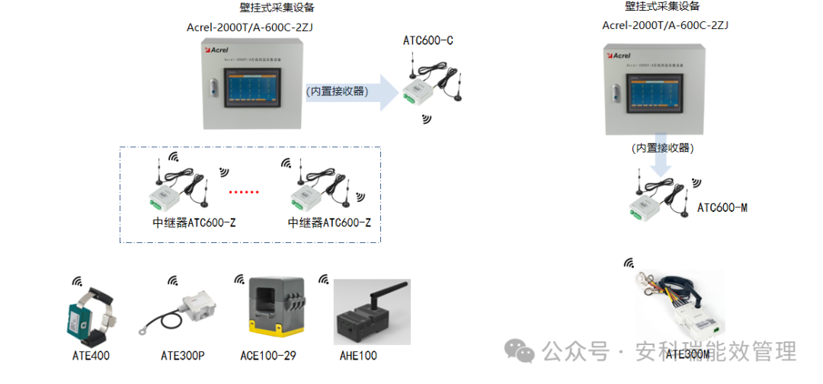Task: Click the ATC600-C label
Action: coord(428,40)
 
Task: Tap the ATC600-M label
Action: coord(722,207)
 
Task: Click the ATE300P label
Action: coord(184,355)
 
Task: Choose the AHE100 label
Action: coord(358,355)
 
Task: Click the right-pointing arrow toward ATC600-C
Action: coord(354,92)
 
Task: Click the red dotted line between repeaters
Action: coord(245,192)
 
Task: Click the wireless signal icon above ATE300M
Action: coord(629,264)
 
